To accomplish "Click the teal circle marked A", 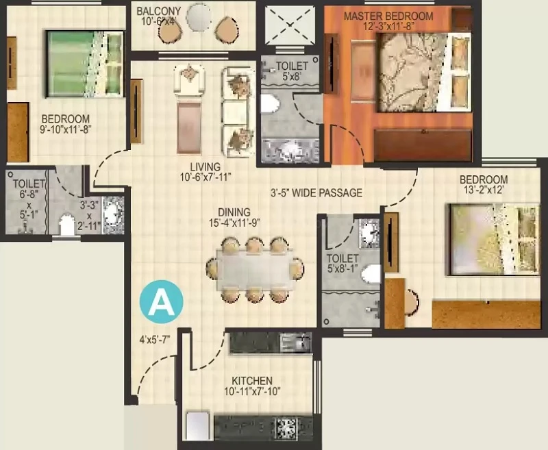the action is tap(161, 301).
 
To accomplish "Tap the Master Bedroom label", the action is tap(388, 16).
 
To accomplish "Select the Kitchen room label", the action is tap(251, 380).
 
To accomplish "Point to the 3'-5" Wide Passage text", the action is tap(316, 192).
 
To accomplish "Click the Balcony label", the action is tap(159, 11).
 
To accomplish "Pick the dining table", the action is tap(255, 269).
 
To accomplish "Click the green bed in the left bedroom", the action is tap(85, 64).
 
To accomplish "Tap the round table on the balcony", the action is tap(199, 17).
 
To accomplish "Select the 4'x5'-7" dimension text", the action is tap(155, 339).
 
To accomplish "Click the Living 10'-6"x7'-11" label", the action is tap(206, 172).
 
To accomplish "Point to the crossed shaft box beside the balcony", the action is tap(290, 25).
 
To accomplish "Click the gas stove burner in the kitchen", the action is tap(286, 427).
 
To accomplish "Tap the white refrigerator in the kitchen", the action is tap(197, 426).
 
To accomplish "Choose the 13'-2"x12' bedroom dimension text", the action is tap(484, 190).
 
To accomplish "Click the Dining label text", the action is tap(234, 212).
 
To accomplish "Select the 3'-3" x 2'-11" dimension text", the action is tap(90, 215).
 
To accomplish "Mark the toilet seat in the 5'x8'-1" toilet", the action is tap(371, 274).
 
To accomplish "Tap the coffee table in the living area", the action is tap(189, 128).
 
